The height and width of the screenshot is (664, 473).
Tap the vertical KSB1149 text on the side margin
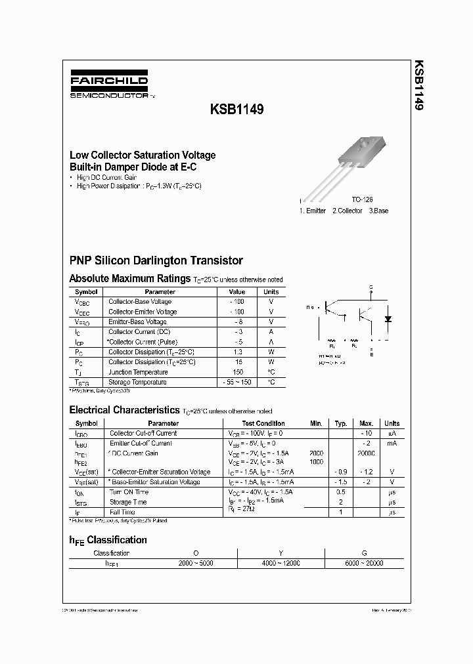[x=418, y=85]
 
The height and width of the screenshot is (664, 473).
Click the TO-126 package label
[x=362, y=199]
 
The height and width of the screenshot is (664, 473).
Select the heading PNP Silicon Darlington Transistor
[x=156, y=260]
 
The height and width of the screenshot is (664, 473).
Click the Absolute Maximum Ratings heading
[x=130, y=278]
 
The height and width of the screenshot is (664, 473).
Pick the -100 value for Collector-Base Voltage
[x=236, y=302]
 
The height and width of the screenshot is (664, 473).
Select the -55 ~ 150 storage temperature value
[x=236, y=382]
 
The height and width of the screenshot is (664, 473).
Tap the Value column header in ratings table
[x=236, y=292]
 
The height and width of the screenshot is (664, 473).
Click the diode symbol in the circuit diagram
[x=387, y=319]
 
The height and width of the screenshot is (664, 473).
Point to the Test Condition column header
[x=263, y=423]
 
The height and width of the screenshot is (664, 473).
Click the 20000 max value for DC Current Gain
[x=366, y=453]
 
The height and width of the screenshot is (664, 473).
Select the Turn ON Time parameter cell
[x=129, y=492]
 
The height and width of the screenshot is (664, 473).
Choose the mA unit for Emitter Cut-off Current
[x=392, y=444]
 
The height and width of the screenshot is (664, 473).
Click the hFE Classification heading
[x=108, y=540]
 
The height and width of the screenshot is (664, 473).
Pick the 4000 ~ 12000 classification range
[x=281, y=564]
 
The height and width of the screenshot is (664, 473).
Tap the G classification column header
[x=364, y=553]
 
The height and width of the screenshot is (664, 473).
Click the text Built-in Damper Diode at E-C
[x=133, y=167]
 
